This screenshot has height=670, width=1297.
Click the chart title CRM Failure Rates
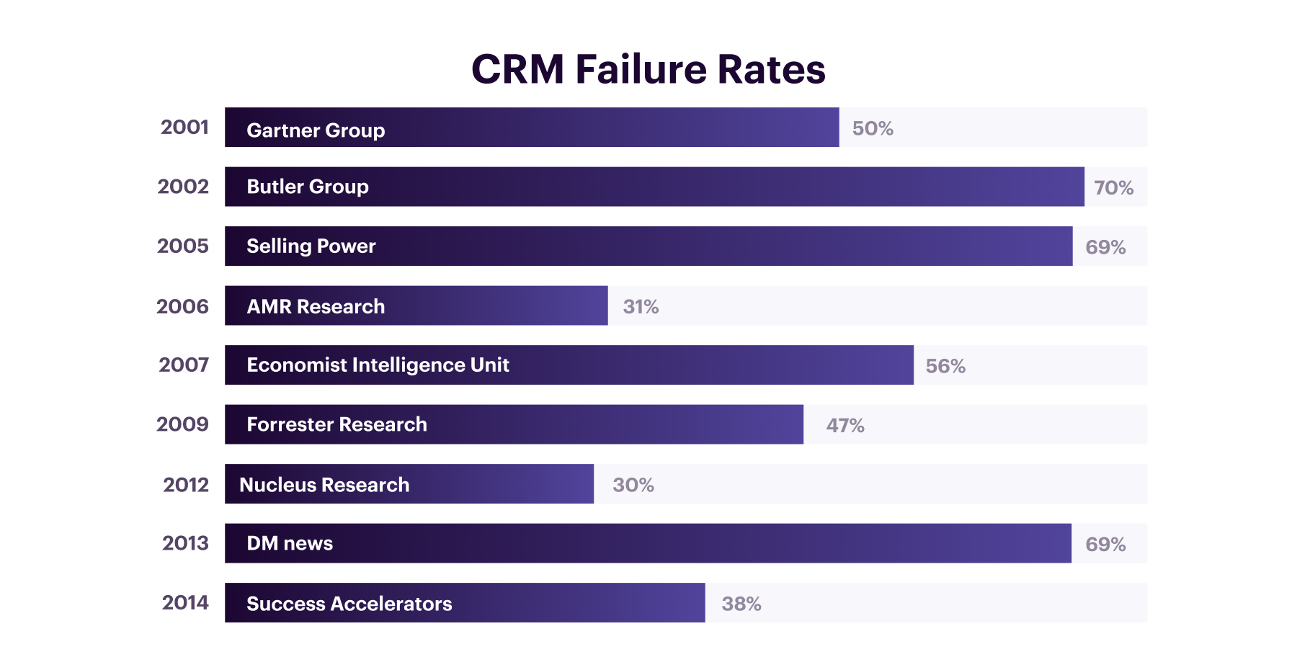click(648, 69)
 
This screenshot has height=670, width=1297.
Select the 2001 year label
click(184, 128)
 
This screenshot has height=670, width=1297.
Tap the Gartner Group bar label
click(316, 130)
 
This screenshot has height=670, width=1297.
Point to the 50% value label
click(873, 129)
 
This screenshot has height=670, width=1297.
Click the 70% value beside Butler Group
click(1113, 188)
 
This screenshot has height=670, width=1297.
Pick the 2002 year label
click(183, 187)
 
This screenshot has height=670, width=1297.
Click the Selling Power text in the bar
click(311, 246)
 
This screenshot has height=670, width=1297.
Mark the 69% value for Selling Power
click(1105, 248)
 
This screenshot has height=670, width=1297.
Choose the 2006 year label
click(182, 307)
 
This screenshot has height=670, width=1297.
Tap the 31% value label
click(641, 307)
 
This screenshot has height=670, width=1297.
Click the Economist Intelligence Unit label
click(378, 365)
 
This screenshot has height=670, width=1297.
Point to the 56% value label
click(945, 367)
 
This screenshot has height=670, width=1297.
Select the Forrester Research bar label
click(336, 424)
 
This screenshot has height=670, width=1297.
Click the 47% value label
click(844, 426)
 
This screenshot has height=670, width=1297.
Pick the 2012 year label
click(186, 485)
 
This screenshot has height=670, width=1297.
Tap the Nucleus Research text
click(324, 485)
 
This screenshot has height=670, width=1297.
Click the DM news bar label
click(290, 543)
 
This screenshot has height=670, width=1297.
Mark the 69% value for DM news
click(1105, 545)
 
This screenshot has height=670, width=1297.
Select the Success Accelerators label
click(349, 604)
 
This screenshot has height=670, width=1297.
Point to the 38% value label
click(741, 604)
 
